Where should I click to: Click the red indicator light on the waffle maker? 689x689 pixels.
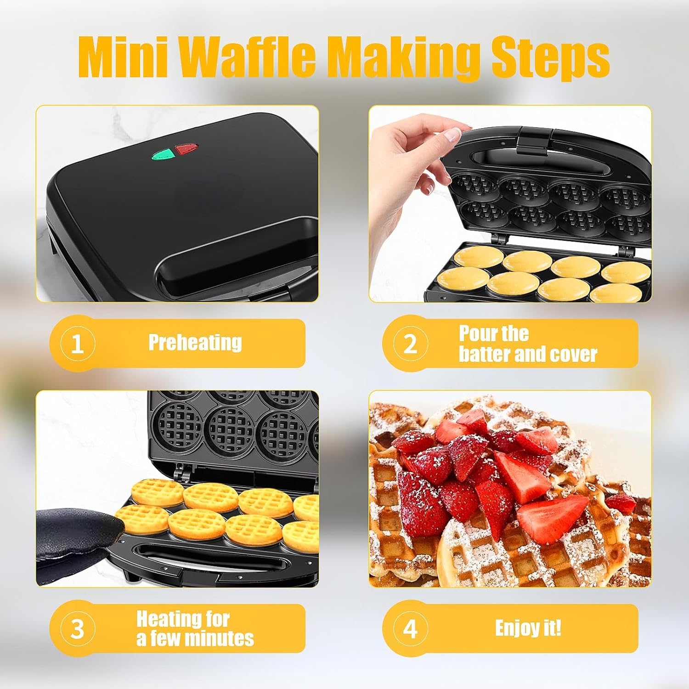coord(186,149)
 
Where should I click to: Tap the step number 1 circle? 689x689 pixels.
coord(77,344)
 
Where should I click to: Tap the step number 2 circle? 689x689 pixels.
coord(410,344)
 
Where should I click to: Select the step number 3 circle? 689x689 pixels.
coord(77,628)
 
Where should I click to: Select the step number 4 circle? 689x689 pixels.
coord(410,628)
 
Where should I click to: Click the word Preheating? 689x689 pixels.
coord(195,343)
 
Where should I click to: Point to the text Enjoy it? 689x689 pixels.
coord(528,628)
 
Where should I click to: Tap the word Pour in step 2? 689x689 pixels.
coord(475,333)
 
